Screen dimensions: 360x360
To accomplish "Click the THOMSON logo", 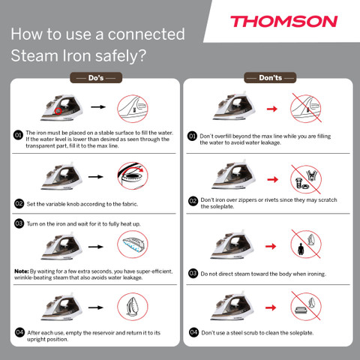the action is [284, 22].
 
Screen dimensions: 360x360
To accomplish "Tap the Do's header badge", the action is [96, 78].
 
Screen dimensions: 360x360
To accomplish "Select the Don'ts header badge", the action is [270, 78].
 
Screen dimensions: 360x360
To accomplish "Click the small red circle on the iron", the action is [58, 111].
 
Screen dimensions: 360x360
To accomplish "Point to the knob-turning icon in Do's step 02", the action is [133, 175].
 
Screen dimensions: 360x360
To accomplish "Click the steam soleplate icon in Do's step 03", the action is [133, 244].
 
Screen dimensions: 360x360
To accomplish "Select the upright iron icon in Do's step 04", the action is [133, 307].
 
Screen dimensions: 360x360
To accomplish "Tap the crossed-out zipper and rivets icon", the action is [306, 179].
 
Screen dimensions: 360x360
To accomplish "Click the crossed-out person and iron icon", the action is [306, 244].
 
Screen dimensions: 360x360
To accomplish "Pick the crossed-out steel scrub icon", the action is [306, 306].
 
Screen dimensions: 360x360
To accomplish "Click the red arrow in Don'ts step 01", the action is [272, 109].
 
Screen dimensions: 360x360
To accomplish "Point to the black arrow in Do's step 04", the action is [96, 307].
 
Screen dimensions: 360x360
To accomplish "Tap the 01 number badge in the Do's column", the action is [18, 135].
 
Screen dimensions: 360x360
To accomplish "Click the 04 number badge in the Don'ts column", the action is [193, 332].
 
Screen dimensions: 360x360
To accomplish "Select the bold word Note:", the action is [22, 271].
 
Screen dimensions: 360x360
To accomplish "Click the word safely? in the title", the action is [121, 55].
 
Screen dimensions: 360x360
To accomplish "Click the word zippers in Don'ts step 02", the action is [247, 200].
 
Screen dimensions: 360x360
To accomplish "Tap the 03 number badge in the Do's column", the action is [19, 223].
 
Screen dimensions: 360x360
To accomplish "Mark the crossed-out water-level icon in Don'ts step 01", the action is [306, 108].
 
